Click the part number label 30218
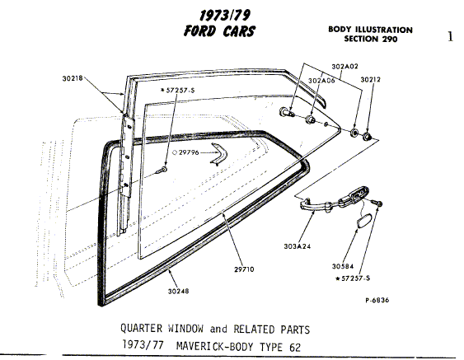[73, 79]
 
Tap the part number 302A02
[344, 67]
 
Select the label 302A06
[321, 81]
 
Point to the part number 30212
[371, 80]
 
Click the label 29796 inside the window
[189, 152]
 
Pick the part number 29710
[244, 269]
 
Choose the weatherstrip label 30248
[179, 292]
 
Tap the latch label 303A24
[298, 246]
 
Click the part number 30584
[343, 267]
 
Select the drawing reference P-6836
[377, 300]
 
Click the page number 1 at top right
[450, 37]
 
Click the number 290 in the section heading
[390, 39]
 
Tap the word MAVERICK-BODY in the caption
[215, 346]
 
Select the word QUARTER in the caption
[141, 329]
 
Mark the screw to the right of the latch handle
[377, 203]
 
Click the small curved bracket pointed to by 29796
[219, 153]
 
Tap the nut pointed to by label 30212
[368, 137]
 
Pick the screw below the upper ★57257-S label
[162, 170]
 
